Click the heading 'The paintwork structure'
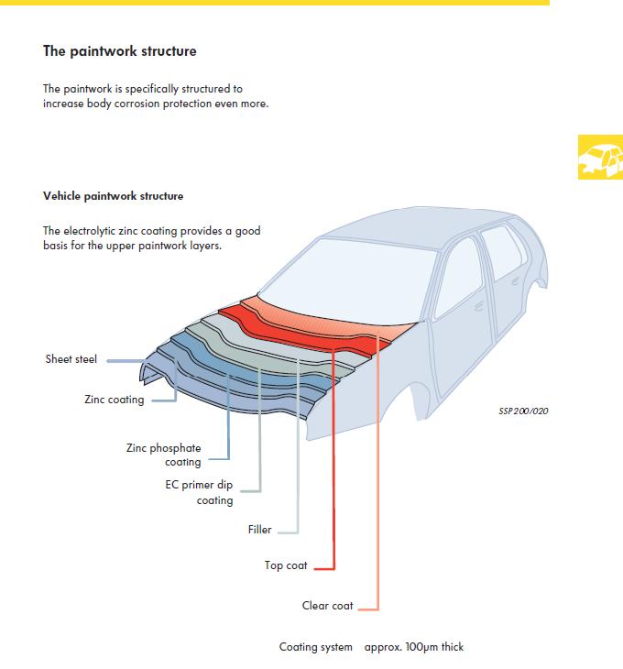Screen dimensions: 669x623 click(119, 51)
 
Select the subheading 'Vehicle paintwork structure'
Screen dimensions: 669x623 click(113, 196)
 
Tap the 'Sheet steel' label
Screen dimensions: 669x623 click(71, 359)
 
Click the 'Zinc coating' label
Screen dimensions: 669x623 click(114, 400)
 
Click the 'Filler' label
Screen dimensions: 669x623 click(259, 530)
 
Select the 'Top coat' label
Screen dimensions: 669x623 click(286, 565)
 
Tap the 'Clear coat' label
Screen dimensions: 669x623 click(328, 606)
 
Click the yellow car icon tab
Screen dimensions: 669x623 click(599, 158)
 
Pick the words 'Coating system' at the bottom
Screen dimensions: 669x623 click(315, 647)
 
